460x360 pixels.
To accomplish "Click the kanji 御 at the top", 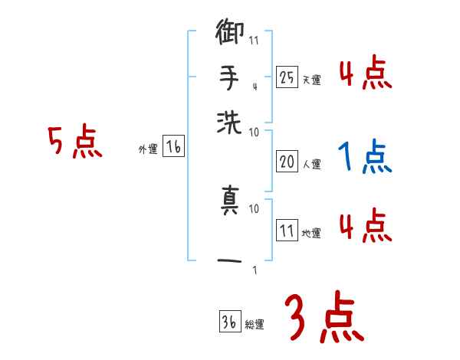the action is (230, 34).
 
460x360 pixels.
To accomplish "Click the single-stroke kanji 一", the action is (230, 261).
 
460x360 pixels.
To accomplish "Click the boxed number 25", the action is (287, 77).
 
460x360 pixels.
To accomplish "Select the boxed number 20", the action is (287, 162).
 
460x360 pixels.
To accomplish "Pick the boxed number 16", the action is (173, 148).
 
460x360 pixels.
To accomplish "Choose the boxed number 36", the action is (228, 322).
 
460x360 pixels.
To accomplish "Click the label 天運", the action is (311, 79).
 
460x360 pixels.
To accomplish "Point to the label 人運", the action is (311, 164).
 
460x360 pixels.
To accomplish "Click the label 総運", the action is (254, 324).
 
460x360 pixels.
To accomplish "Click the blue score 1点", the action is (365, 158).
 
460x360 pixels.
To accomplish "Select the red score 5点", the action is (74, 142).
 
